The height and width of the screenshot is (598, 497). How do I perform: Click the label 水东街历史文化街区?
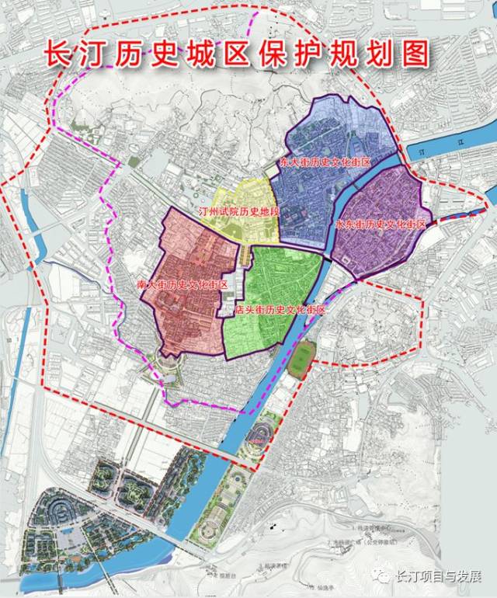click(381, 224)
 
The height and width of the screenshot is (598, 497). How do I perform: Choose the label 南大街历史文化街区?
click(182, 285)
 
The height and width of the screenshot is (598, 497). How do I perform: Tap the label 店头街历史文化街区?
click(278, 309)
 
